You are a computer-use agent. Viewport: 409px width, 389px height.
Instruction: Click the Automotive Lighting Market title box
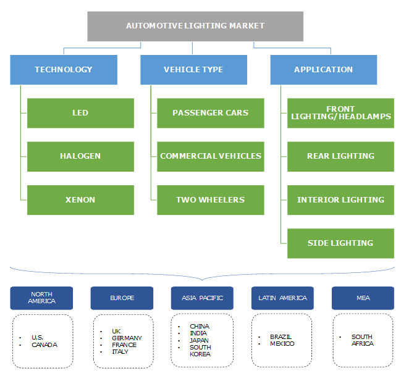[195, 26]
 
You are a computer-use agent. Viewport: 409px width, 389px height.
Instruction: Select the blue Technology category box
[64, 70]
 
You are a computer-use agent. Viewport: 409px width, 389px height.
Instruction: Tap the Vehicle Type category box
[193, 70]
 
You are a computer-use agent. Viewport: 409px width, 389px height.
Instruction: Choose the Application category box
[323, 70]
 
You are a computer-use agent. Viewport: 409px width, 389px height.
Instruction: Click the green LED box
[80, 113]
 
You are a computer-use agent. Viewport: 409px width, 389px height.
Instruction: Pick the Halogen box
[80, 156]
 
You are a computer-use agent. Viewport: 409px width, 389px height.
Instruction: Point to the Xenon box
[80, 200]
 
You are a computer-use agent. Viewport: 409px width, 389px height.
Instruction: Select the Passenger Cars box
[210, 113]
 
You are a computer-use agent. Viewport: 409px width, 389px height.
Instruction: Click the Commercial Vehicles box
[210, 156]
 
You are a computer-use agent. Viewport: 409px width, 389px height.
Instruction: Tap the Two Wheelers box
[210, 200]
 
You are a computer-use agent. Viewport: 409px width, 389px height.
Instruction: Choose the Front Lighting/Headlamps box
[340, 113]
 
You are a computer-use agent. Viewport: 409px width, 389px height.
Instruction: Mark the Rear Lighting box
[340, 156]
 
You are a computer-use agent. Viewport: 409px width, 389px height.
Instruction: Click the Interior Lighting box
[340, 200]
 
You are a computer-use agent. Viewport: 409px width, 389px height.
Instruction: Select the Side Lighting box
[340, 243]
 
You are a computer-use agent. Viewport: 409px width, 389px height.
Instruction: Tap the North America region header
[41, 298]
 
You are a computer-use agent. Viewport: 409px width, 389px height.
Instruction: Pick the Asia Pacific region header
[202, 298]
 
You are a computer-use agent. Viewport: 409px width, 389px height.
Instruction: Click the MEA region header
[363, 298]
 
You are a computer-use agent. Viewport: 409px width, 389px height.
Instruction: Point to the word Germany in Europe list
[127, 338]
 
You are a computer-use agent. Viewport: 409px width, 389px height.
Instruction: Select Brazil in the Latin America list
[281, 337]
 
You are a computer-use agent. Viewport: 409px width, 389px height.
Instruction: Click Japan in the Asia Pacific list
[199, 340]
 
